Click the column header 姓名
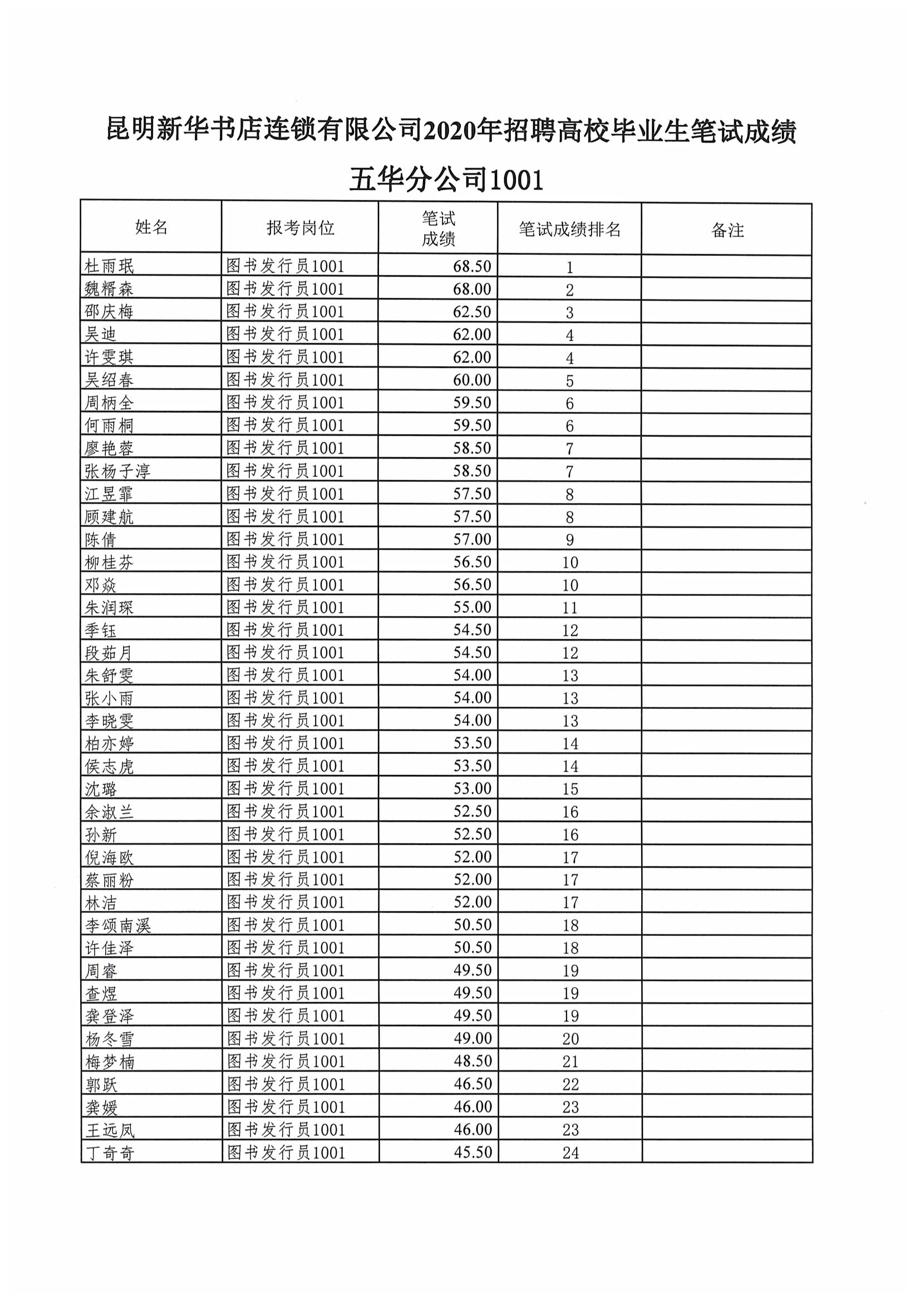click(x=151, y=227)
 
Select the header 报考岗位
click(x=300, y=228)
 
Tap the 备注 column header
click(x=727, y=230)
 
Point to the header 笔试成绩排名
click(x=570, y=229)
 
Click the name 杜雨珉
click(x=110, y=267)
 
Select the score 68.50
click(x=471, y=267)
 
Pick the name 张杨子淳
click(x=117, y=471)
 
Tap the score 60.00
click(x=471, y=380)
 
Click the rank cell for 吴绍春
click(x=570, y=381)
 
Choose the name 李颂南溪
click(x=118, y=925)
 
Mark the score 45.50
click(x=473, y=1152)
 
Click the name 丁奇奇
click(x=110, y=1152)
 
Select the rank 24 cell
click(x=570, y=1152)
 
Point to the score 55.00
click(x=472, y=607)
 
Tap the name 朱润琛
click(x=110, y=608)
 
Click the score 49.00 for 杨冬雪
click(x=473, y=1038)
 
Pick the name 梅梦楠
click(x=110, y=1061)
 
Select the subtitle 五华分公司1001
click(x=446, y=180)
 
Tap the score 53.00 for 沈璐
click(x=472, y=788)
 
